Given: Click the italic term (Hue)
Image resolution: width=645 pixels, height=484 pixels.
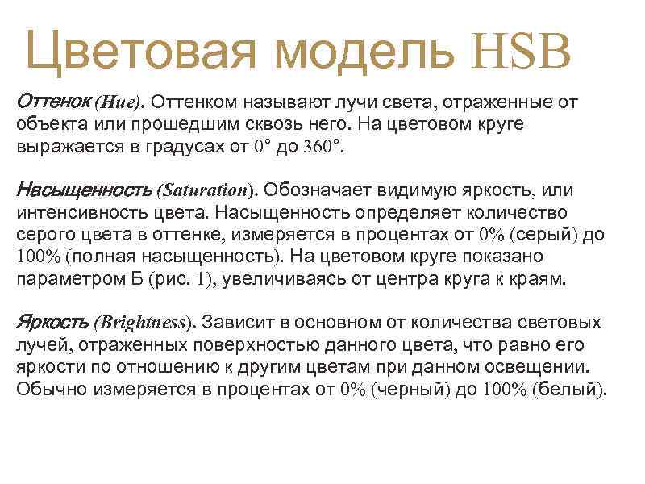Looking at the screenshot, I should tap(119, 103).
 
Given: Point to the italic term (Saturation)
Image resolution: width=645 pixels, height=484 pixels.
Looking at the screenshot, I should tap(209, 191).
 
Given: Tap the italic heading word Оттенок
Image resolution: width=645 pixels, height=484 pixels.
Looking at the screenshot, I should tap(53, 102).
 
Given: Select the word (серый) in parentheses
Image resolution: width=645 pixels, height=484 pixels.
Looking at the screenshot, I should tap(546, 235).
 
